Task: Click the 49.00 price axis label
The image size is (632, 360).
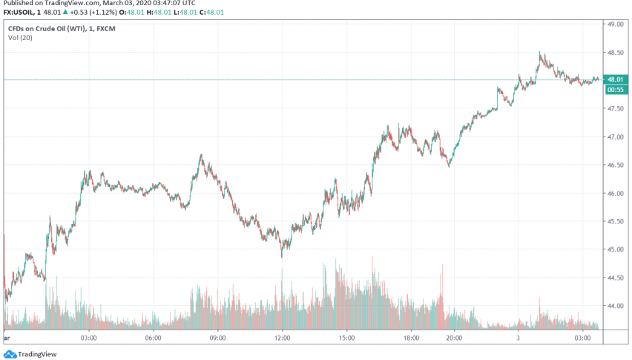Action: coord(614,24)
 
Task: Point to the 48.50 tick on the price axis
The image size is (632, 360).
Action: coord(614,53)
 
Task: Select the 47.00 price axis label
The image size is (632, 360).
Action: coord(614,137)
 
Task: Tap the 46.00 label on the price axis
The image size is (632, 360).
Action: coord(614,194)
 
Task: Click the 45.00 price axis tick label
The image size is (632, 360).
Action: coord(614,249)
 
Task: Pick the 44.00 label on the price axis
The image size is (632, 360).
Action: coord(614,306)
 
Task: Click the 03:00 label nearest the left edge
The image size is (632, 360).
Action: coord(89,338)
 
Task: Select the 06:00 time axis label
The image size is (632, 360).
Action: coord(153,338)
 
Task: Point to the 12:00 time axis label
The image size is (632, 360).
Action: coord(282,338)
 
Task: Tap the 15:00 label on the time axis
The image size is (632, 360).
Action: coord(346,338)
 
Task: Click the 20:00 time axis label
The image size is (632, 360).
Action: coord(454,338)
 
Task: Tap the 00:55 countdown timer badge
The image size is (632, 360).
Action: coord(616,90)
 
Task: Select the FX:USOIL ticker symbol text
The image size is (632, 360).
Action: coord(21,13)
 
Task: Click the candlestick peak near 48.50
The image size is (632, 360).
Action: coord(541,53)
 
